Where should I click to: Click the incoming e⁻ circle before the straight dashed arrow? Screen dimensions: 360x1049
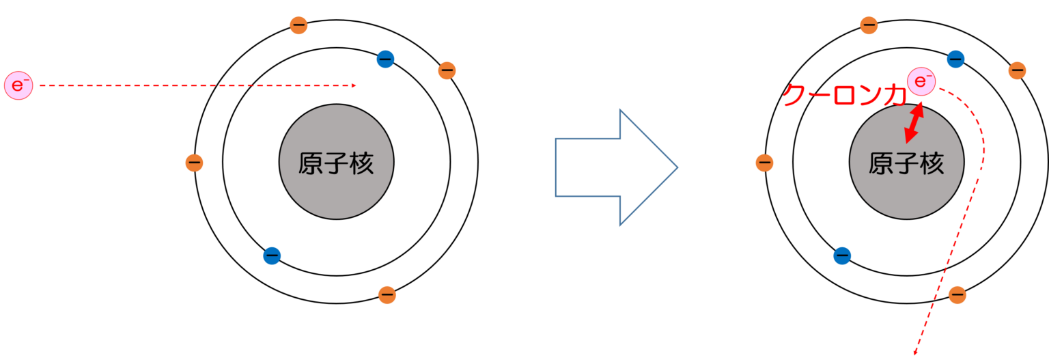click(x=18, y=85)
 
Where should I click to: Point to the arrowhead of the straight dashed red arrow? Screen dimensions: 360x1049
click(x=354, y=85)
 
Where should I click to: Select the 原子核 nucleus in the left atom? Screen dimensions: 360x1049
click(x=336, y=163)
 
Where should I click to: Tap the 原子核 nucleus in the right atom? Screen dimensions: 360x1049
click(x=906, y=163)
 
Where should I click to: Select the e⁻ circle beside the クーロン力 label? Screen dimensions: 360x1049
click(x=921, y=82)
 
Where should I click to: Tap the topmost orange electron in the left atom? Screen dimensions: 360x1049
click(x=298, y=25)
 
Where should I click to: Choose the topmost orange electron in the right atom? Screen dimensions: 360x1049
click(x=869, y=25)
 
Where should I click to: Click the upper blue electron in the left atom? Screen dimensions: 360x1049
click(x=385, y=59)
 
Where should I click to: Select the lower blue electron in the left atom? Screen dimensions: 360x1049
click(x=272, y=255)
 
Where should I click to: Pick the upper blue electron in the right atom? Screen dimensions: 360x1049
click(x=955, y=59)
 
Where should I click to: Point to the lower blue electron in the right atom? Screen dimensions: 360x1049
click(x=842, y=255)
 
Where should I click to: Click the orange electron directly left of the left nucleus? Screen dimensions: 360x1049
click(x=194, y=163)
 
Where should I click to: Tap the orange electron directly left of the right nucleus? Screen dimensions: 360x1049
click(x=764, y=163)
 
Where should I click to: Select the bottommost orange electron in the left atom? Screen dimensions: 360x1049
click(x=387, y=295)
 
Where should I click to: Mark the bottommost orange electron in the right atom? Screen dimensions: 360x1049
click(x=957, y=295)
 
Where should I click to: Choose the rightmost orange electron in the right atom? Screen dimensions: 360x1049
click(x=1017, y=70)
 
